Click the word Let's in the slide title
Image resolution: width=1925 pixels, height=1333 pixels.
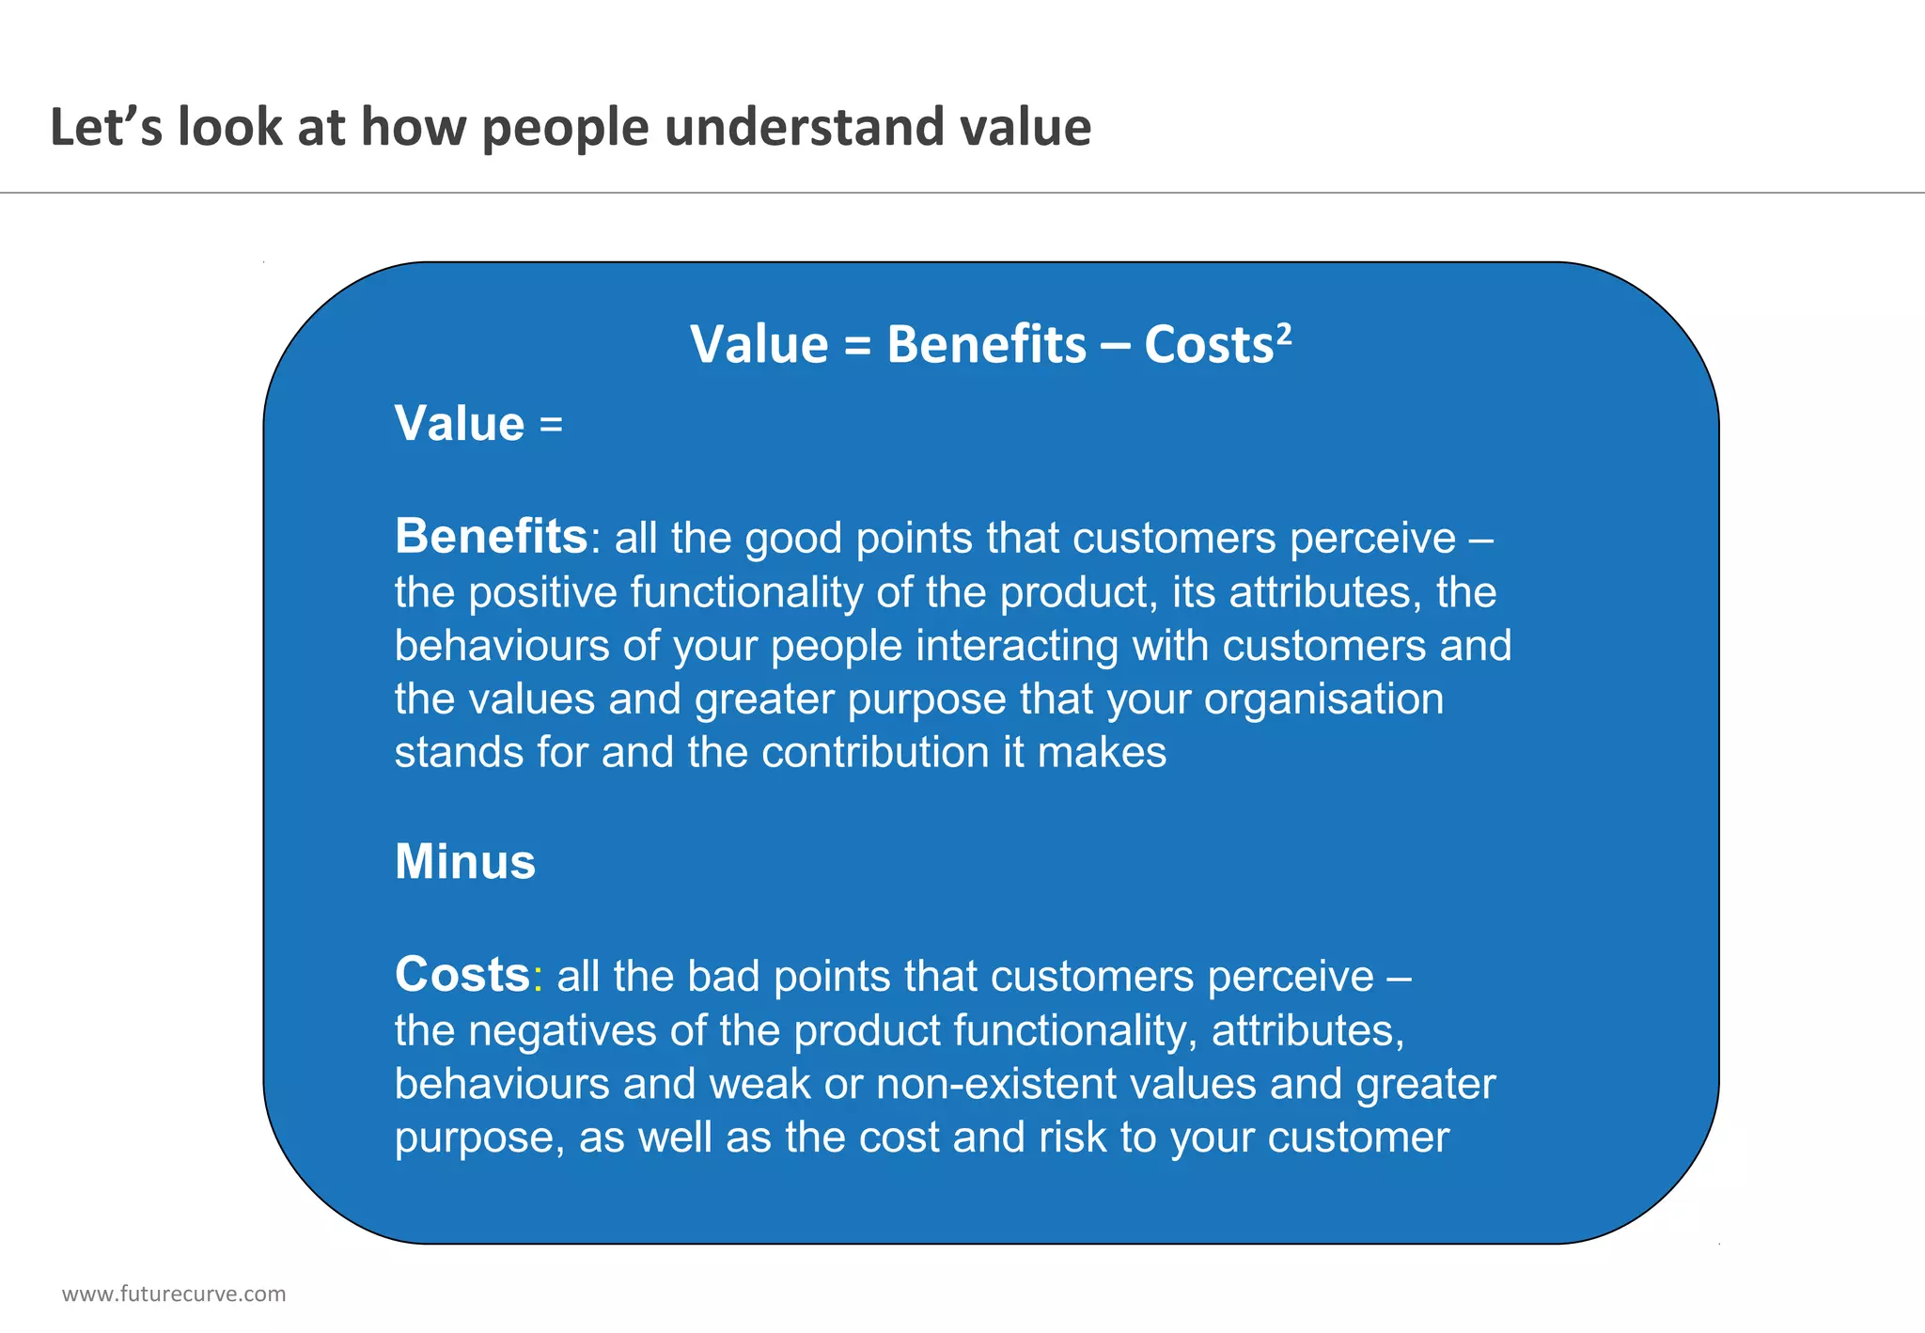click(105, 127)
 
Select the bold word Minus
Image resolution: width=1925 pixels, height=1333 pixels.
click(465, 861)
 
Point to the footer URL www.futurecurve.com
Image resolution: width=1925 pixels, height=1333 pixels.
click(174, 1294)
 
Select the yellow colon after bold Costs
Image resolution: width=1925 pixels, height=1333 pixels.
click(537, 979)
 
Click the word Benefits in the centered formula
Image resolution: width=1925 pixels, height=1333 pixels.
click(986, 344)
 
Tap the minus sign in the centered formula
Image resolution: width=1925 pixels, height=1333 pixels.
click(1115, 346)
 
